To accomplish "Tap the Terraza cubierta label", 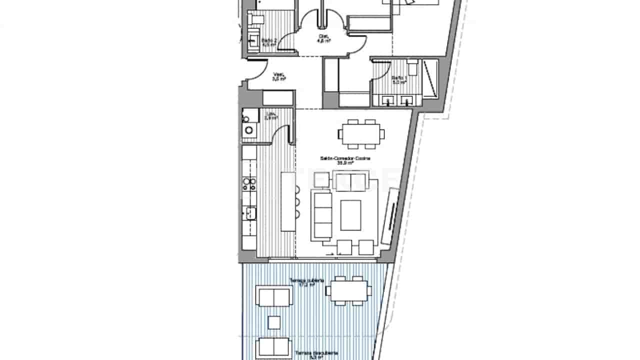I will point(307,282).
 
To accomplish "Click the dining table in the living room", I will point(361,134).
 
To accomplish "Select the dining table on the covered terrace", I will point(348,290).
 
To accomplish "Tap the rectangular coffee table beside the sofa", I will point(350,215).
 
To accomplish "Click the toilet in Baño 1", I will point(412,66).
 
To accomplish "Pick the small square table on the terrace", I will point(273,322).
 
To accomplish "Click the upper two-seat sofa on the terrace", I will point(273,296).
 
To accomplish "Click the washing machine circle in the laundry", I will point(249,130).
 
